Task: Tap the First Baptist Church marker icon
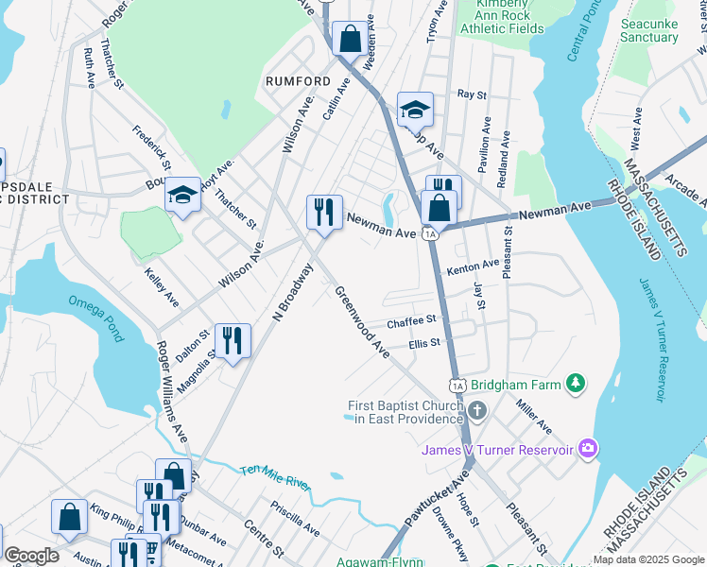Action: click(x=477, y=411)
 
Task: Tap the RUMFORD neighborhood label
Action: click(x=297, y=81)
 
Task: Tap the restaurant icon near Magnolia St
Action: click(x=232, y=339)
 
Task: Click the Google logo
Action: click(x=31, y=556)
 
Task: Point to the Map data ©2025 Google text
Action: click(x=647, y=559)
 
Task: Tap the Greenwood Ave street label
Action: click(x=361, y=322)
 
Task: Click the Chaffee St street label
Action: click(x=410, y=322)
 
